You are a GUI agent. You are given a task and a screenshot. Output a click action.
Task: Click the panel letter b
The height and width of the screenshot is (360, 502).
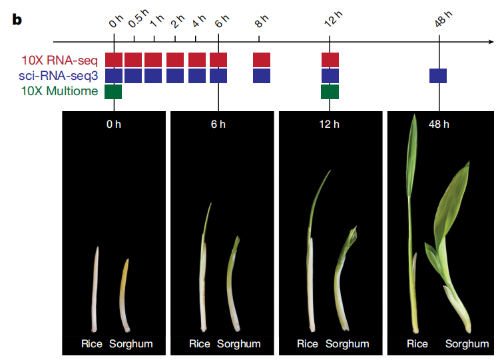17,19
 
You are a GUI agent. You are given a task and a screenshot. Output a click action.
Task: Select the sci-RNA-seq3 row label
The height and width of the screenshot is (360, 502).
59,75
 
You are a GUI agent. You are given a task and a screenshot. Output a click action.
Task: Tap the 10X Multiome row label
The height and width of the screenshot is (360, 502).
59,91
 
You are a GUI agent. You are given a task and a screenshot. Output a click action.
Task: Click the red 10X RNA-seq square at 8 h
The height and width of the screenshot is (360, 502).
262,59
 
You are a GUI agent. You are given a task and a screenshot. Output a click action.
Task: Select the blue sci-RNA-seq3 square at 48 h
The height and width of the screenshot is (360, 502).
438,75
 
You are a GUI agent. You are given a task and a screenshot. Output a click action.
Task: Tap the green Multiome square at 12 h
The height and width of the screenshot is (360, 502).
330,91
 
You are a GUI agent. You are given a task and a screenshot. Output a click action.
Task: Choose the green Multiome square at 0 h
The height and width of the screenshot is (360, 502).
114,91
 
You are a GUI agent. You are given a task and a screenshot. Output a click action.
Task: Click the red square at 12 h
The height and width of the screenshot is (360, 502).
330,59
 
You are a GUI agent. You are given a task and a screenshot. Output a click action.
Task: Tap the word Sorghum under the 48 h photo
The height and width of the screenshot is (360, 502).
467,344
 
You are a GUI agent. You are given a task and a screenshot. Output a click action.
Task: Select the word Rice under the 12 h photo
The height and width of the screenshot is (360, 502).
308,344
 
